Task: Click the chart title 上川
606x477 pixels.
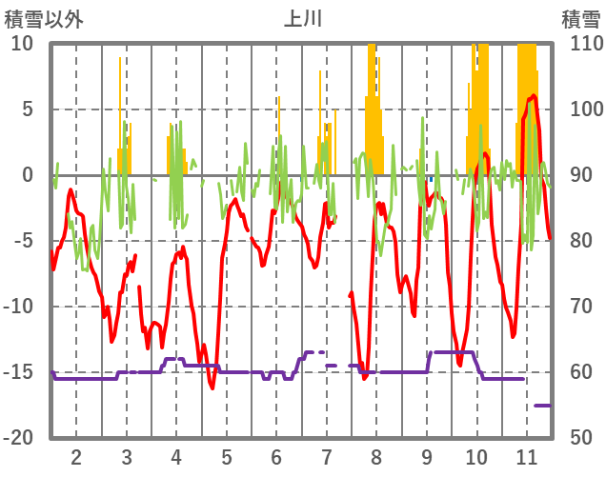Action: pos(303,18)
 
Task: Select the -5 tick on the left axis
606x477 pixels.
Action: pos(24,241)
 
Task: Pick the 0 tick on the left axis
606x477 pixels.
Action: pos(28,175)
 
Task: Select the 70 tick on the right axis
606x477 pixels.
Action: pos(581,307)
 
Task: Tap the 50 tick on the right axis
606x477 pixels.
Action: pos(581,438)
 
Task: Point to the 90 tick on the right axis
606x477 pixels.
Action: pos(581,175)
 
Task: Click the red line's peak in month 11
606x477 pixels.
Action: pos(534,95)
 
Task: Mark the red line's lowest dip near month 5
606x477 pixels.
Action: pos(212,388)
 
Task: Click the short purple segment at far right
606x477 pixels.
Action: pos(542,406)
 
